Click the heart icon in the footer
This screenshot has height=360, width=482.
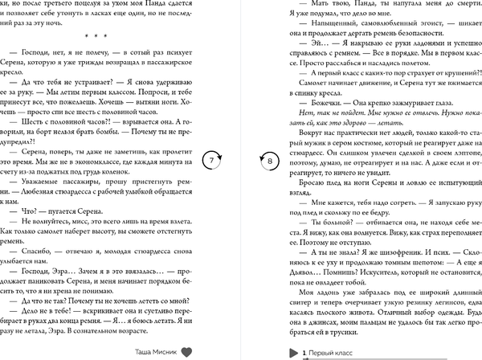pyautogui.click(x=186, y=351)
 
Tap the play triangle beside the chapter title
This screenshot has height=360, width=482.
pyautogui.click(x=292, y=351)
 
